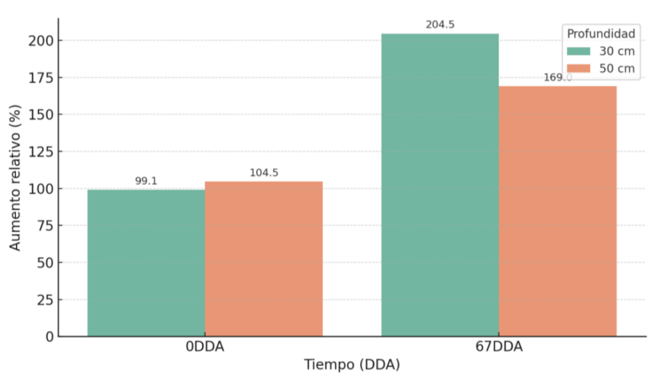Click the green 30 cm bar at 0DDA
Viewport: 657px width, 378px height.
point(146,262)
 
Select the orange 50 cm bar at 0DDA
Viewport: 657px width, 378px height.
point(264,259)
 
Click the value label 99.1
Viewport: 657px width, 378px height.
point(146,181)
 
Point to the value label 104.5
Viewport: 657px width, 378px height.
point(264,173)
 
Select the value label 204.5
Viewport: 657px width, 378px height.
point(440,25)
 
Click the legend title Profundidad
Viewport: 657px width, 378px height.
point(601,33)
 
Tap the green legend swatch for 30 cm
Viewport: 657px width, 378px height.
point(577,51)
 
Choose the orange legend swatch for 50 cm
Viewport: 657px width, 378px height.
point(577,68)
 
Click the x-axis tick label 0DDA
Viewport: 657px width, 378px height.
point(205,347)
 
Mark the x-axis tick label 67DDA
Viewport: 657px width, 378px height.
point(499,347)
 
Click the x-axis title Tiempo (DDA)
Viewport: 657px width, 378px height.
point(352,365)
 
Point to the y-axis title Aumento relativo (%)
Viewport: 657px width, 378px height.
point(15,177)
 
